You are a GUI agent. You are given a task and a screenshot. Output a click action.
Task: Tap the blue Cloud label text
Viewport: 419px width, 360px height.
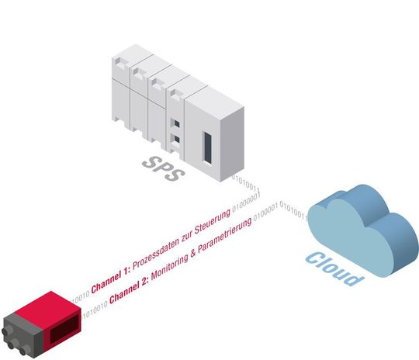[332, 268]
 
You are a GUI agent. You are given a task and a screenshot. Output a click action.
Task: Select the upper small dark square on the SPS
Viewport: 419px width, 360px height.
[176, 123]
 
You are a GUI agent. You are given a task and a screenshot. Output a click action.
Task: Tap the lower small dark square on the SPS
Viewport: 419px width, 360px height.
[176, 140]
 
